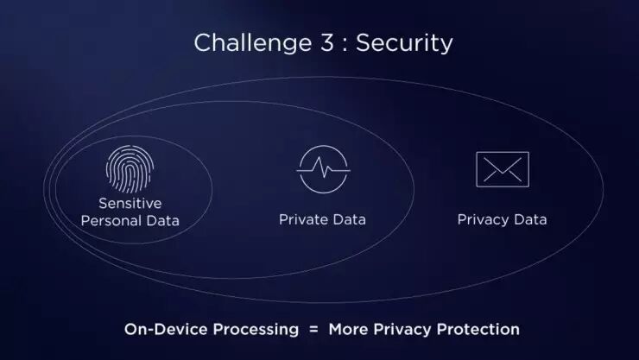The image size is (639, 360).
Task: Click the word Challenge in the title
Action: coord(240,43)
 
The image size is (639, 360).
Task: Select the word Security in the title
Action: coord(406,43)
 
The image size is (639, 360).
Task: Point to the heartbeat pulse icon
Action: coord(323,169)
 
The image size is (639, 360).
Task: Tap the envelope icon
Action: coord(502,169)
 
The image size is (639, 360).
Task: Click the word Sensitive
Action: coord(130,204)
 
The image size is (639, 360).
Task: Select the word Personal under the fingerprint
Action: coord(111,220)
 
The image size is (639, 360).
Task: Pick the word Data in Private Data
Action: coord(349,219)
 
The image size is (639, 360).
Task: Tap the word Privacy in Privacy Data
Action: coord(483,219)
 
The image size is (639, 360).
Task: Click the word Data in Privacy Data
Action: coord(529,219)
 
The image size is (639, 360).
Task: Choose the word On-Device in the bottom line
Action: coord(156,329)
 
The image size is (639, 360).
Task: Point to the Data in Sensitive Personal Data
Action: coord(162,220)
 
